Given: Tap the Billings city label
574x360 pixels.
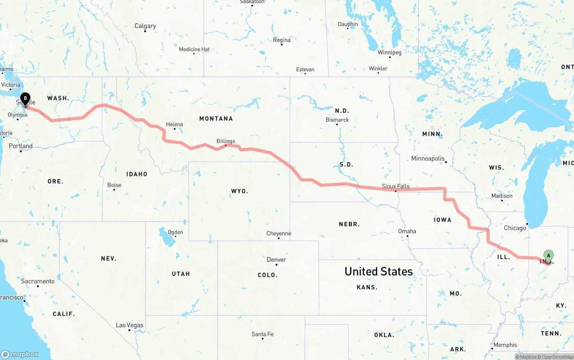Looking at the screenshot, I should pos(226,141).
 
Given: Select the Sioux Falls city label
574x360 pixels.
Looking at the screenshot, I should pos(396,186).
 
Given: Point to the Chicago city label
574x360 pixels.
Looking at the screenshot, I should pos(515,228).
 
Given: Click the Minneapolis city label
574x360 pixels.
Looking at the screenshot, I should pos(428,158).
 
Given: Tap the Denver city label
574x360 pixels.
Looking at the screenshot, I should pos(276,260).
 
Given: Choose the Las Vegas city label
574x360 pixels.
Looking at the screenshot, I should pos(130,325).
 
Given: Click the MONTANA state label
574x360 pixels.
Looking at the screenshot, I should pos(216,118).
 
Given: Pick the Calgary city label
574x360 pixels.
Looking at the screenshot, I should pos(145,26).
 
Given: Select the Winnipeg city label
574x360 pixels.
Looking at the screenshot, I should pos(389,52).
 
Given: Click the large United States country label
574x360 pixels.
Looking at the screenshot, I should pos(378,271).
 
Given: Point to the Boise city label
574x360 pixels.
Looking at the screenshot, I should pos(114,185).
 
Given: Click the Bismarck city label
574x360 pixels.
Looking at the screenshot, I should pos(337,120).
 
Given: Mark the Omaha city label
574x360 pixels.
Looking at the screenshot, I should pos(407,231).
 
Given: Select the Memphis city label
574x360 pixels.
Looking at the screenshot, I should pos(505,345).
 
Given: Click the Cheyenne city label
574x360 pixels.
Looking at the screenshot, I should pos(278,233).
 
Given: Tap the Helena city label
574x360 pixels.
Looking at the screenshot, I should pos(174,124).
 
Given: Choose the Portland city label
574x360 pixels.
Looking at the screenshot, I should pos(21,146).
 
